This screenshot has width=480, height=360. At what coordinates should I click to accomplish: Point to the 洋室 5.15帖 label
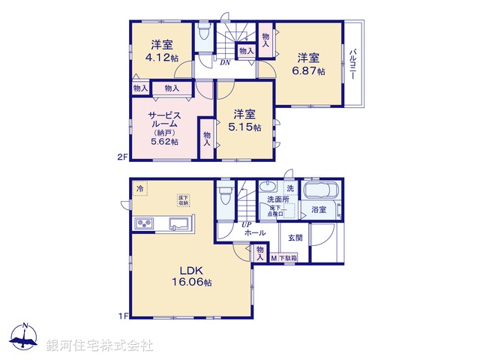[x=245, y=121]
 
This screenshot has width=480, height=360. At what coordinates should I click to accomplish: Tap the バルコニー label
[x=353, y=67]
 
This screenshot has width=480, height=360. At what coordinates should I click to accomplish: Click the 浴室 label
[x=319, y=210]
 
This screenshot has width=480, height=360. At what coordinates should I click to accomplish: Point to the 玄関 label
[x=294, y=238]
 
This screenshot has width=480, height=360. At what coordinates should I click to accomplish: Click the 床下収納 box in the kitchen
[x=183, y=199]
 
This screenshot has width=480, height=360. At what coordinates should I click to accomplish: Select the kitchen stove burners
[x=143, y=224]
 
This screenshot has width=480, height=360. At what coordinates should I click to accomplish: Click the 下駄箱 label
[x=287, y=258]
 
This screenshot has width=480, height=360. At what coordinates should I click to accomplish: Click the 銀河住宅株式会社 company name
[x=100, y=346]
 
